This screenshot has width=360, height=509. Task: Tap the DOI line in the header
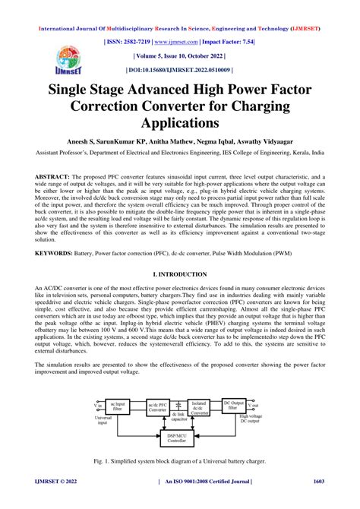tap(179, 70)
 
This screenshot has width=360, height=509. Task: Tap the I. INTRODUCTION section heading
tap(179, 273)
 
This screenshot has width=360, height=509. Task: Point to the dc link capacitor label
tap(180, 423)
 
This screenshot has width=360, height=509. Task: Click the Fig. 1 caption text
tap(180, 463)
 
